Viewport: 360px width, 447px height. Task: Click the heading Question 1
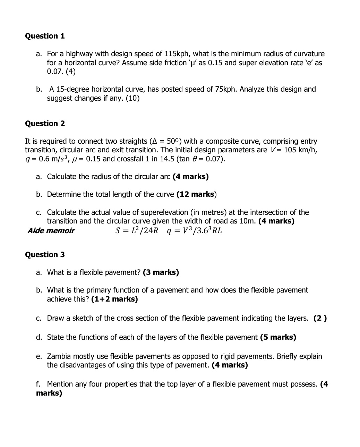click(45, 36)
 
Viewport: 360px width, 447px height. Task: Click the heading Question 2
click(45, 124)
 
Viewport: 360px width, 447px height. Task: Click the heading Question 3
click(45, 255)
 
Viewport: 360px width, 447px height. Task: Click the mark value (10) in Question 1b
click(132, 98)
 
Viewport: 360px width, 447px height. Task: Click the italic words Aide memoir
click(51, 231)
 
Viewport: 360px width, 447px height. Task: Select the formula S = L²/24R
click(137, 230)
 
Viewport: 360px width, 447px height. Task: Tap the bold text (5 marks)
click(278, 337)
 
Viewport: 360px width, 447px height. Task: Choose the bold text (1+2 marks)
click(114, 299)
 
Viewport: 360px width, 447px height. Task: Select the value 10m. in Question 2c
click(249, 221)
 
